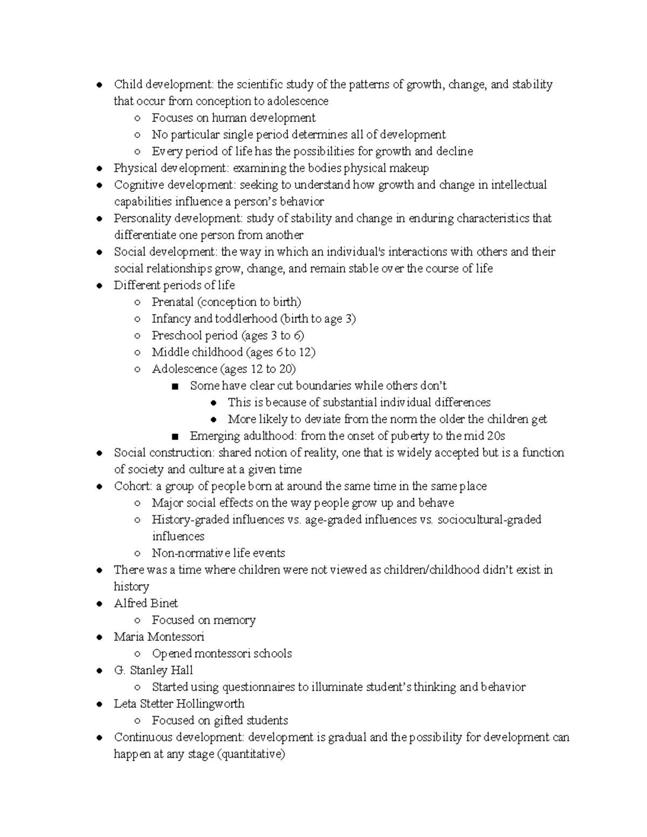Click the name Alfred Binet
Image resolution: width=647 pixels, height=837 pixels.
(x=146, y=603)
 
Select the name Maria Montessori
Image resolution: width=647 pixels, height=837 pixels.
(x=159, y=637)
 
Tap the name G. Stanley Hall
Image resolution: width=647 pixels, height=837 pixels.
(x=153, y=670)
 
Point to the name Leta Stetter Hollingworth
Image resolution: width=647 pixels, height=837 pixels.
(x=179, y=703)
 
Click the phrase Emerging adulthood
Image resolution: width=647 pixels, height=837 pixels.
(x=243, y=436)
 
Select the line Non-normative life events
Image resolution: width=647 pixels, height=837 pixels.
(x=218, y=553)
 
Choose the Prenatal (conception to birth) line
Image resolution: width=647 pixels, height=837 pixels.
(x=226, y=302)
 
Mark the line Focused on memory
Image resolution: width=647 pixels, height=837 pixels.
(x=203, y=620)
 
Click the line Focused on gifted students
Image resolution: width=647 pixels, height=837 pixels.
(x=219, y=720)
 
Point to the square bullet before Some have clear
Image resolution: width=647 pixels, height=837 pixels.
(x=174, y=386)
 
